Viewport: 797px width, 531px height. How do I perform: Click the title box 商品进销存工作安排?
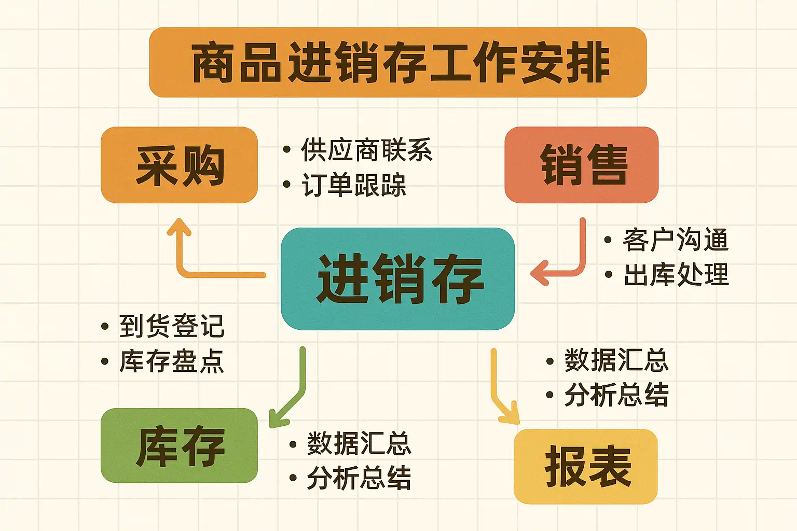(x=398, y=62)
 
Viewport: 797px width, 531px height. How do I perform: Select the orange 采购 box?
(x=180, y=165)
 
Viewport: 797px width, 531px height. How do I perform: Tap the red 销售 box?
(x=581, y=165)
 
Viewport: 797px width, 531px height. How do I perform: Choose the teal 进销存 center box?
(x=398, y=279)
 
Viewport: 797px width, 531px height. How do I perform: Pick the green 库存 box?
(x=180, y=445)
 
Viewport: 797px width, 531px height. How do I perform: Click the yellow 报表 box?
(x=586, y=466)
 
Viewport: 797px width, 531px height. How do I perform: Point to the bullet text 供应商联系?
(x=366, y=150)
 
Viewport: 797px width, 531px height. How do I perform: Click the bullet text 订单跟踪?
(x=354, y=185)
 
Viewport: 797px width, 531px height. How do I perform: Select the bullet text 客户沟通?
(x=676, y=240)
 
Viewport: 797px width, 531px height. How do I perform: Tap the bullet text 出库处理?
(x=677, y=274)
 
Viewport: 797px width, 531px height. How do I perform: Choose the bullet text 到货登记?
(x=172, y=326)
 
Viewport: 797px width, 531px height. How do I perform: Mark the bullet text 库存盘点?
(x=172, y=361)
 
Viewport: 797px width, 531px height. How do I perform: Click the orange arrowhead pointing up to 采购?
(x=180, y=227)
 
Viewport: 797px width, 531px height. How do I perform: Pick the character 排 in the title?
(x=588, y=62)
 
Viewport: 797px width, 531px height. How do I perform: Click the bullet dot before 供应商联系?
(x=287, y=149)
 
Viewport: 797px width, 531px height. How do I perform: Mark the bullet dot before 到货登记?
(x=105, y=326)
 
